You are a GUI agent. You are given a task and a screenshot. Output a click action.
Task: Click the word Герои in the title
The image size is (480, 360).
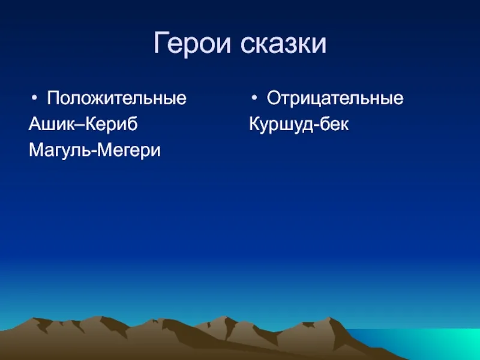(192, 43)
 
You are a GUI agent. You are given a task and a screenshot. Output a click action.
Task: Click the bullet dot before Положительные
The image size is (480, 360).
(34, 98)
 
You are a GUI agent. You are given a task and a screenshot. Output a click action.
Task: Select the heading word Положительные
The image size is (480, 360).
(116, 98)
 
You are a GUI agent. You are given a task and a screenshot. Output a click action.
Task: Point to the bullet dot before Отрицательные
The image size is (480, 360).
(254, 98)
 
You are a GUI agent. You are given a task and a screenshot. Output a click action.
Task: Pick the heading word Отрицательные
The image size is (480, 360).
(335, 98)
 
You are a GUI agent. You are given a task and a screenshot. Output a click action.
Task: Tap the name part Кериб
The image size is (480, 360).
(111, 124)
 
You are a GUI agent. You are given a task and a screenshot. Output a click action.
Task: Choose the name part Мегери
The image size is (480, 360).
(127, 151)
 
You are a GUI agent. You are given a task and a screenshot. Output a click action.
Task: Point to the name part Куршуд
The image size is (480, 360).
(281, 124)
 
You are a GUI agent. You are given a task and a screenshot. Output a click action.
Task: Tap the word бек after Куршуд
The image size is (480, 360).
(334, 124)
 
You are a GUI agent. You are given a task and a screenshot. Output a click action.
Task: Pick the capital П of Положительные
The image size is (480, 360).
(53, 98)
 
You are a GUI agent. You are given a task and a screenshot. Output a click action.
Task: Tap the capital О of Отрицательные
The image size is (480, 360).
(274, 98)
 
